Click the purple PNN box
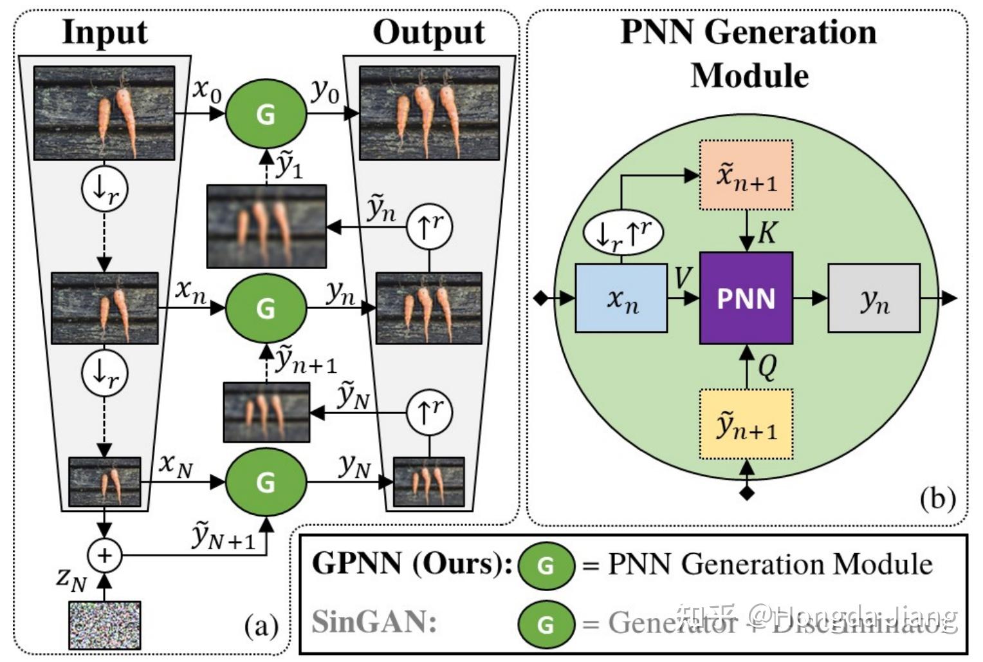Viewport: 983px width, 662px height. click(746, 298)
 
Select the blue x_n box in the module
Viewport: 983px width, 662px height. click(621, 298)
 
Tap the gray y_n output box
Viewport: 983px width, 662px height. click(874, 298)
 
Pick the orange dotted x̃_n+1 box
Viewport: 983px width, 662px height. click(746, 175)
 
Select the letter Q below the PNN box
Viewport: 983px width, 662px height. click(767, 368)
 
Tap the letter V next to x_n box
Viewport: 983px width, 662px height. click(683, 278)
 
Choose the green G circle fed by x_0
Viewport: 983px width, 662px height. click(266, 113)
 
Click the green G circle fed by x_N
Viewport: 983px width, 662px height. click(266, 482)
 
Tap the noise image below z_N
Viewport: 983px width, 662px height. click(105, 625)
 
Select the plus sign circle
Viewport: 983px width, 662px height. click(104, 554)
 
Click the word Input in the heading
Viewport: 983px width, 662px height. click(105, 32)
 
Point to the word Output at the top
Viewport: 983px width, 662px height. click(428, 32)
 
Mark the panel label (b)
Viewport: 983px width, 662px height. click(937, 499)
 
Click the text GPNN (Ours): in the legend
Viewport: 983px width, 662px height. click(412, 564)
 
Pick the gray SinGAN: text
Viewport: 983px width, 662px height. click(374, 622)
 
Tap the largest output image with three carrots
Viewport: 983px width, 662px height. click(429, 113)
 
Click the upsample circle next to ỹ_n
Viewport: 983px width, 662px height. click(429, 227)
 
